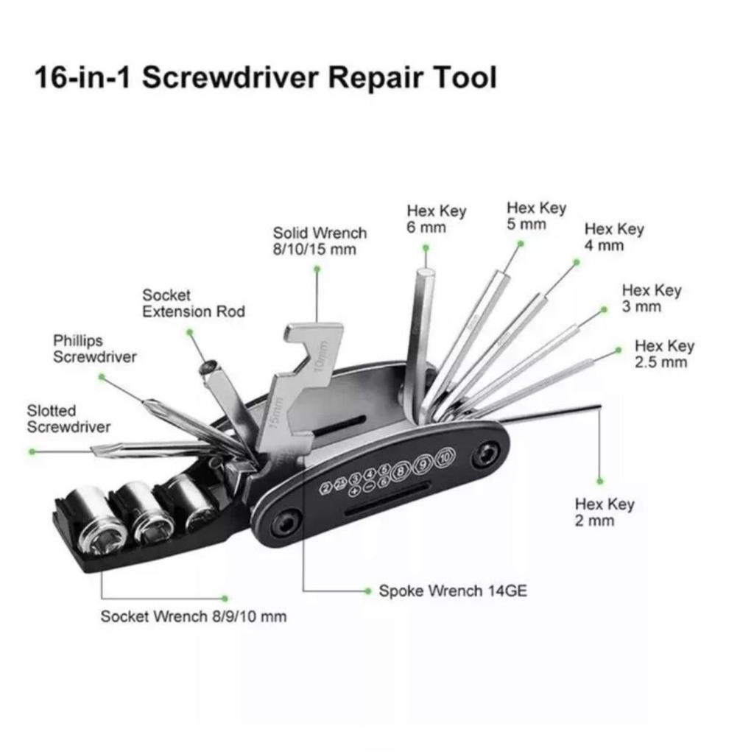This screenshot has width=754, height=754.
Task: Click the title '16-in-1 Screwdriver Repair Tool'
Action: tap(265, 77)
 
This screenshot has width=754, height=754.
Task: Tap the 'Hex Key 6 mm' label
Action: tap(436, 219)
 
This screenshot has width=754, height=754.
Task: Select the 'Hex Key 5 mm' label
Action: tap(536, 216)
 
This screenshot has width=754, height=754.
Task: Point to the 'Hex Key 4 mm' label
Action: tap(613, 236)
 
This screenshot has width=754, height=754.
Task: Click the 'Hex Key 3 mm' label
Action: tap(651, 298)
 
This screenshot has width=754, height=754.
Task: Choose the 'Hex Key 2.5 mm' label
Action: tap(664, 353)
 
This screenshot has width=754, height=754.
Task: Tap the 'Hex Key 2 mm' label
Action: tap(604, 512)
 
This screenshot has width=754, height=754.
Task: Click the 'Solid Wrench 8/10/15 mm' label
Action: tap(319, 242)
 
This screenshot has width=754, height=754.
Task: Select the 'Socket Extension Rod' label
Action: tap(193, 303)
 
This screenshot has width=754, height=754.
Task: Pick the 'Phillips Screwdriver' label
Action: tap(94, 349)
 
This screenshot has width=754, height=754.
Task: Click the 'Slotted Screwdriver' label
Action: tap(68, 419)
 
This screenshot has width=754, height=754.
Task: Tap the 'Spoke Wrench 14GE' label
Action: tap(452, 591)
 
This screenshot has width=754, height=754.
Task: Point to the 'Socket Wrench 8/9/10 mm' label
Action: tap(193, 616)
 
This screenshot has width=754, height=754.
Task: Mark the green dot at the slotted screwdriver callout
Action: tap(32, 451)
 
